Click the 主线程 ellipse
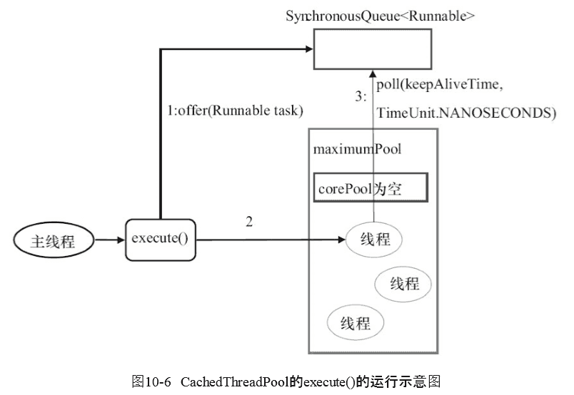[x=54, y=240]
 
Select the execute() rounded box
[x=161, y=240]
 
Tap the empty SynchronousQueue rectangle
[x=373, y=49]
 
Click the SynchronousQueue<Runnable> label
[x=380, y=16]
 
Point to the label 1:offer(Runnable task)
[x=235, y=111]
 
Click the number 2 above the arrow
[x=249, y=222]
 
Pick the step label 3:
[x=361, y=96]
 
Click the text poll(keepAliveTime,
[x=440, y=84]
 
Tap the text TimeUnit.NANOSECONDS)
[x=466, y=113]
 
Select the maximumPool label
[x=357, y=149]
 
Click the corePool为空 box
[x=371, y=188]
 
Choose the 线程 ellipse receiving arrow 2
[x=374, y=240]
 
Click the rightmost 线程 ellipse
[x=403, y=284]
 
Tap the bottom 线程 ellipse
[x=355, y=322]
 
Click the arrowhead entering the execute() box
[x=121, y=240]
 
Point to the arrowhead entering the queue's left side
[x=309, y=48]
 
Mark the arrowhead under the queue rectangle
[x=373, y=73]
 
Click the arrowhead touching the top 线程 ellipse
[x=341, y=240]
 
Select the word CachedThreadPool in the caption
[x=235, y=382]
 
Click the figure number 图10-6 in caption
[x=151, y=382]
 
